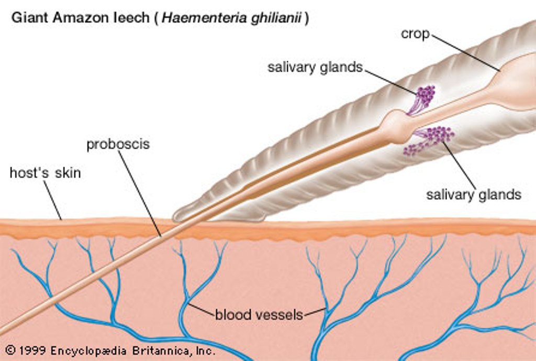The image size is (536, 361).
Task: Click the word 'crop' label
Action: point(415,34)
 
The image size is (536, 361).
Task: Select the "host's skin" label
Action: point(46,173)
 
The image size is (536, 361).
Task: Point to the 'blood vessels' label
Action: point(259,315)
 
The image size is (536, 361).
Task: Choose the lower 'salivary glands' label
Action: point(474,195)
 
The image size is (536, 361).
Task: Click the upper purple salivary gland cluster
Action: point(425,95)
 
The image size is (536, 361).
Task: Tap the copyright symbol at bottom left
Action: point(10,350)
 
